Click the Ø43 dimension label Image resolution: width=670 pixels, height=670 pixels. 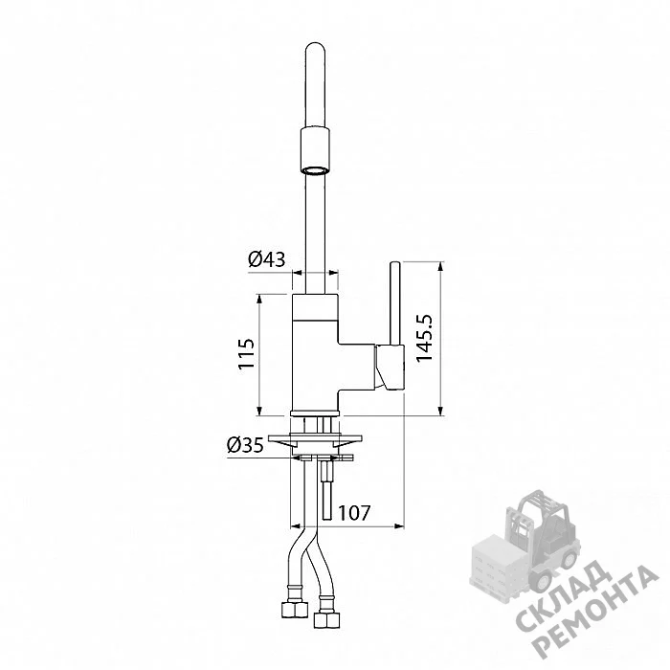pyautogui.click(x=267, y=259)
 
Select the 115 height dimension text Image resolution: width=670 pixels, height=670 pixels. pyautogui.click(x=246, y=353)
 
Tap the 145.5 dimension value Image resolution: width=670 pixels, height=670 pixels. pyautogui.click(x=424, y=338)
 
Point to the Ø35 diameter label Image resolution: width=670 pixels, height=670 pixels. pyautogui.click(x=245, y=446)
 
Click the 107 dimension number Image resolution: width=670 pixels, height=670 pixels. pyautogui.click(x=354, y=512)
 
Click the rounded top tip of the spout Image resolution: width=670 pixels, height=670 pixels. pyautogui.click(x=316, y=45)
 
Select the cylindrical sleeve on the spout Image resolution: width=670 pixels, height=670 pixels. pyautogui.click(x=315, y=150)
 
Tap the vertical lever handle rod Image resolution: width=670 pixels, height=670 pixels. pyautogui.click(x=394, y=303)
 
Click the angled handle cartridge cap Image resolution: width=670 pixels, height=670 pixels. pyautogui.click(x=390, y=368)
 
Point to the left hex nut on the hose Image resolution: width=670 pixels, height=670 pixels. pyautogui.click(x=295, y=609)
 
